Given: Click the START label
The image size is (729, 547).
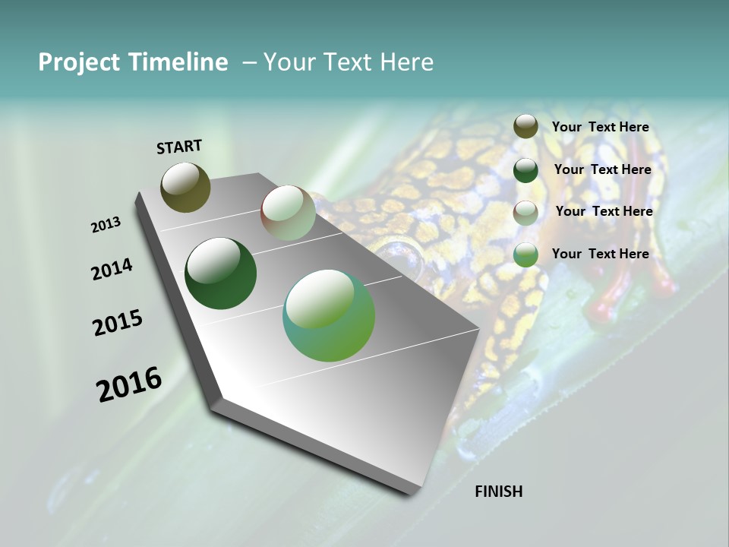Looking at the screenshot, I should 179,147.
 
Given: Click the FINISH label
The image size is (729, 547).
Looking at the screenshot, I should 498,492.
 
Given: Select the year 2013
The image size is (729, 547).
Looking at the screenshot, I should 106,225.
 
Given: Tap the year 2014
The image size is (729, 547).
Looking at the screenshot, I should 112,270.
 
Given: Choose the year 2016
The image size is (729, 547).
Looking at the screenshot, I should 129,384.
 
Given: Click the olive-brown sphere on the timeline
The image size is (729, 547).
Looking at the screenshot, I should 185,187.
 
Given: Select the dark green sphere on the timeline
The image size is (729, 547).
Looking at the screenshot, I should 220,273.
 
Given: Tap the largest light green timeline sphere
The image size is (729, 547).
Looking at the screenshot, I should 329,315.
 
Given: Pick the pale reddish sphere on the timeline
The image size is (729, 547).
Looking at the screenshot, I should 288,213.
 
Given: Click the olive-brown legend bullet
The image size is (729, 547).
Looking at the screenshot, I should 525,127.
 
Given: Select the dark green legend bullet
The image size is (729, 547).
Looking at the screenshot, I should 525,170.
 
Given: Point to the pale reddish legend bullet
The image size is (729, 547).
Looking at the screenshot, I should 525,213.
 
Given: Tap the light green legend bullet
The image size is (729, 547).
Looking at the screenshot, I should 525,255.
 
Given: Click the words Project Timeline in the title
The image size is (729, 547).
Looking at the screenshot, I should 133,62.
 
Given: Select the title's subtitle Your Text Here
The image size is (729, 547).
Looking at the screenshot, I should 348,62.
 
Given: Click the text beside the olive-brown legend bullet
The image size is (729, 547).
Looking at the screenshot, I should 600,127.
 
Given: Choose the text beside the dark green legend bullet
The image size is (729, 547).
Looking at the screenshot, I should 602,169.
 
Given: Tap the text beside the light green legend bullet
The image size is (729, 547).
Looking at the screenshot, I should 600,254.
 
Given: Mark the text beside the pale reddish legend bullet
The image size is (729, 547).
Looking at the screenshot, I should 604,211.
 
